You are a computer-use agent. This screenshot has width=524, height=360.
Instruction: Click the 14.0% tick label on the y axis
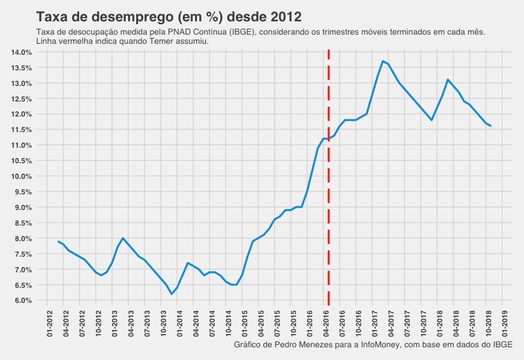(x=21, y=52)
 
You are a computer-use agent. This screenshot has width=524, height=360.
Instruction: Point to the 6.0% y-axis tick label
(x=21, y=301)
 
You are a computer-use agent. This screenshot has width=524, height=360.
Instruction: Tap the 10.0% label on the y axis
(x=21, y=177)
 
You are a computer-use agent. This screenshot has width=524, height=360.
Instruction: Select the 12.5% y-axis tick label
(x=21, y=99)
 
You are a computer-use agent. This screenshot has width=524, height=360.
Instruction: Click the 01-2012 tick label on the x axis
(x=47, y=322)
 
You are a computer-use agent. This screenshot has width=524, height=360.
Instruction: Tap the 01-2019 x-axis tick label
(x=504, y=322)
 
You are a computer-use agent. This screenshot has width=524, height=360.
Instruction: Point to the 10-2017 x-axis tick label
(x=423, y=322)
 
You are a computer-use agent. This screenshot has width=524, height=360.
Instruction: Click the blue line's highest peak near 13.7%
(x=383, y=61)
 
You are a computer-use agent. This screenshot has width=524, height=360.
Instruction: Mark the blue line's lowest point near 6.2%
(x=171, y=294)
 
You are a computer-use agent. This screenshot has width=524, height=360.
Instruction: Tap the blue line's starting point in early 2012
(x=58, y=241)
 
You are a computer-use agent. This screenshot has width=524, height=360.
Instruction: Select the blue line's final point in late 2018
(x=491, y=126)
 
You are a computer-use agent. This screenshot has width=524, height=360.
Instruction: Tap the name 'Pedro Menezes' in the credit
(x=295, y=344)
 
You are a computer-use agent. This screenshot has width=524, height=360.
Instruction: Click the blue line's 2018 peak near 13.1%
(x=448, y=80)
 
